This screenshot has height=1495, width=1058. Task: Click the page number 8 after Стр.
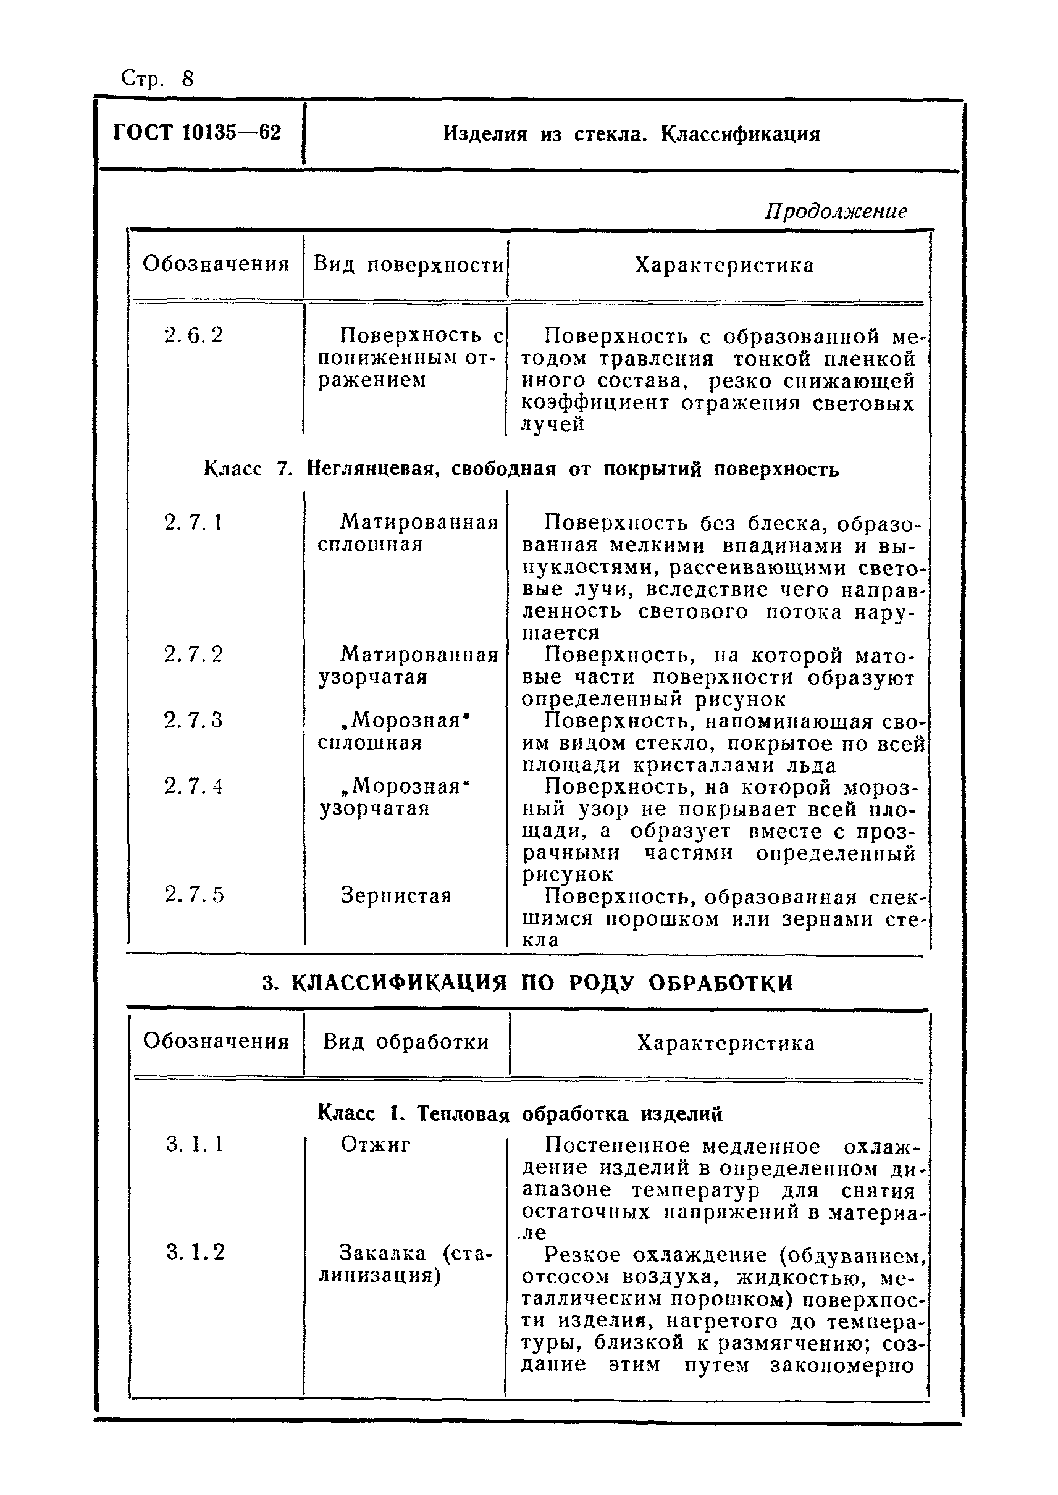point(188,79)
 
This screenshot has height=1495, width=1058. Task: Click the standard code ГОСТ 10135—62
point(197,133)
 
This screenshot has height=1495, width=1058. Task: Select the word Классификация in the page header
point(740,134)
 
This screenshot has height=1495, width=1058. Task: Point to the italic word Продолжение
point(835,211)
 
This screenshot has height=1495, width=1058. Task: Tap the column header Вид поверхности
point(408,264)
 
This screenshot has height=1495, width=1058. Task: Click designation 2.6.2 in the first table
point(193,335)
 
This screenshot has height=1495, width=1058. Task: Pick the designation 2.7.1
point(193,522)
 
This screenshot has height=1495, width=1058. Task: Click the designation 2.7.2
point(193,654)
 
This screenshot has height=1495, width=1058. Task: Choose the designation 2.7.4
point(193,787)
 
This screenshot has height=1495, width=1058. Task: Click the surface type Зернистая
point(396,895)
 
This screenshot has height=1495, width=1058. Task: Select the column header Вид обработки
point(406,1042)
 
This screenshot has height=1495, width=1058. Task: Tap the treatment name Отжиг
point(376,1144)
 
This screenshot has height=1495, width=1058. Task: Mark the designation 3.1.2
point(195,1252)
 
